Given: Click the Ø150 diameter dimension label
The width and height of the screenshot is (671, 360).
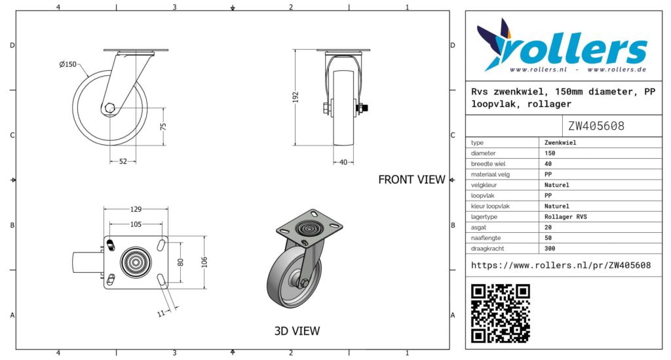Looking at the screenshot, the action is pos(67,65).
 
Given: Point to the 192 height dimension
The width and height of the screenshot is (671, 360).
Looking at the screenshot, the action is pos(296,97).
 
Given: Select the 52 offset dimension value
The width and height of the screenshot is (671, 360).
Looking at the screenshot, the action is pos(123,161).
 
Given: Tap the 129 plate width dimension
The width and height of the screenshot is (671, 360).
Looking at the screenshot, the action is pos(136,209).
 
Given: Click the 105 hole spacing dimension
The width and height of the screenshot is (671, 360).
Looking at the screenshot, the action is pos(136,224).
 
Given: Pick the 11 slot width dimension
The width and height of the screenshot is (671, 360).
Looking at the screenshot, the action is pos(161,313).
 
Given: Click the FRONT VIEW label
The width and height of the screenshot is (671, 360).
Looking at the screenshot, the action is pos(412,180).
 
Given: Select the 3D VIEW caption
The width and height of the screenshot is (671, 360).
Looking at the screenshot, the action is pos(297,331).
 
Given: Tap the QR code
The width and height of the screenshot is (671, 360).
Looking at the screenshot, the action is pos(501,313).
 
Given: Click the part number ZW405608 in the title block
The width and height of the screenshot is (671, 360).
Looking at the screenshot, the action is pos(596,126).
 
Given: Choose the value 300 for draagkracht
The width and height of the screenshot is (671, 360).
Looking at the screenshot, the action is pos(550,249).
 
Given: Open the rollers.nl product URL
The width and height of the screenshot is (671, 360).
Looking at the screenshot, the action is pos(561,266).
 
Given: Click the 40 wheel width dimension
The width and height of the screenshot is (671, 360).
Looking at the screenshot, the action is pos(343,162).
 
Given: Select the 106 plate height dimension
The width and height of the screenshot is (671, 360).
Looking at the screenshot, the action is pos(204,262).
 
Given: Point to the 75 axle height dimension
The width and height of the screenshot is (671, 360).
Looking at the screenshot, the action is pos(163,127).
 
